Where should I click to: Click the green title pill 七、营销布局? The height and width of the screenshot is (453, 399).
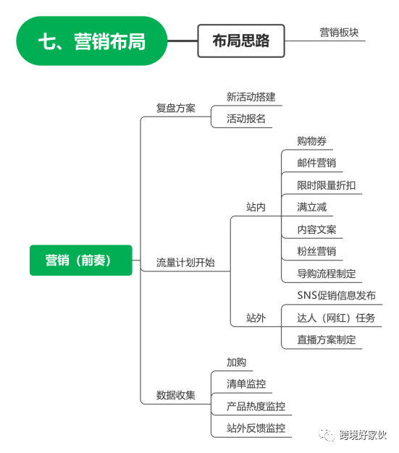(92, 41)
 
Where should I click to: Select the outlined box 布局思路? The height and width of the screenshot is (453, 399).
(241, 41)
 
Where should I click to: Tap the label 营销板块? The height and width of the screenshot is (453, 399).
(339, 33)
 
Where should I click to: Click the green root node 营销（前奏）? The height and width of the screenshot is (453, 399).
(81, 260)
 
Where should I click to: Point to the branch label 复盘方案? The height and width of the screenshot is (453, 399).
(176, 108)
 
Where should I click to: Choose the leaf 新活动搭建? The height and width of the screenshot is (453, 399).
(251, 97)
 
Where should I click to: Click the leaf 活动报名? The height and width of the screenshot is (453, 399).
(246, 119)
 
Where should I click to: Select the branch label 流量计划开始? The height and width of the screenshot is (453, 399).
(185, 263)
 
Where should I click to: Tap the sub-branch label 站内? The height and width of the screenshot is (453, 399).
(256, 207)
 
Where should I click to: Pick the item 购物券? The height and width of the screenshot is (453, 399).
(311, 141)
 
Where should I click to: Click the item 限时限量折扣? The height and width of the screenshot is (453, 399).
(327, 185)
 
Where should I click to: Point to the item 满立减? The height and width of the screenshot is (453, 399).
(311, 207)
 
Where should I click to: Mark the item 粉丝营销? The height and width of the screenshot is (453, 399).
(316, 251)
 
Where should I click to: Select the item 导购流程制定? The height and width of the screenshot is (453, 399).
(327, 274)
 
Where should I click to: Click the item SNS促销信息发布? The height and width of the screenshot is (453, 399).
(337, 295)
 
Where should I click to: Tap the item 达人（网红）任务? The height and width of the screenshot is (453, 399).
(336, 318)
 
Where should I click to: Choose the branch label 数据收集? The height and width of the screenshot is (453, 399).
(176, 395)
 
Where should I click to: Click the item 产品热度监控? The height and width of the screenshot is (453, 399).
(256, 406)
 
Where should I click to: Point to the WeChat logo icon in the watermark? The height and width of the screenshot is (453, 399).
(326, 434)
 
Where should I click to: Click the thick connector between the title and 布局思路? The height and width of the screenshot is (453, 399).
(182, 41)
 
